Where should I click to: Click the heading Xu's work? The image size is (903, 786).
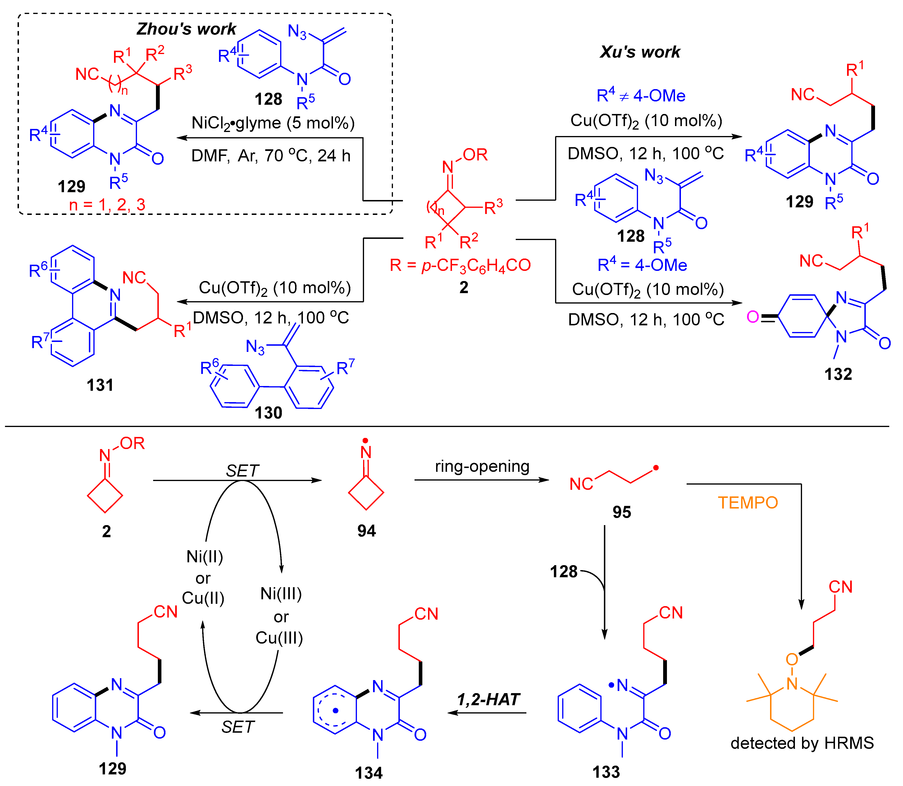click(x=640, y=52)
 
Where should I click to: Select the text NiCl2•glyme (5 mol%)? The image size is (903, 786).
click(x=273, y=123)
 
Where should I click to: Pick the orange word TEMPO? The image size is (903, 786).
click(x=748, y=503)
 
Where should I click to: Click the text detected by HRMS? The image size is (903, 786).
click(x=802, y=743)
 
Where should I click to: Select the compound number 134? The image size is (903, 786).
click(x=369, y=773)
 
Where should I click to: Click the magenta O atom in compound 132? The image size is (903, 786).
click(x=752, y=317)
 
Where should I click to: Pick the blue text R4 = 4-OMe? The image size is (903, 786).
click(x=642, y=265)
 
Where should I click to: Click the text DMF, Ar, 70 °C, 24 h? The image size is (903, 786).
click(x=271, y=156)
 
